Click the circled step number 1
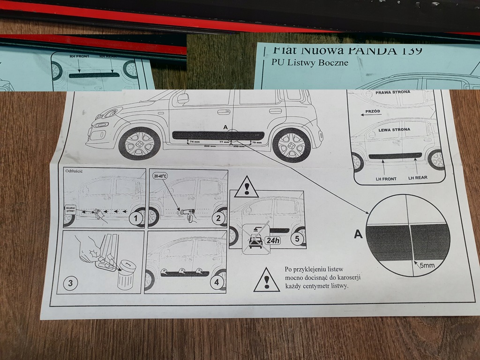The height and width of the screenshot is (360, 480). [x=135, y=218]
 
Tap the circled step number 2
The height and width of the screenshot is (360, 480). [x=217, y=218]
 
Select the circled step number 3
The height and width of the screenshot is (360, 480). [x=70, y=283]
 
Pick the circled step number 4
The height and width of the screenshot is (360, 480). [x=216, y=283]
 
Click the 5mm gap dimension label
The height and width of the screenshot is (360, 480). [x=427, y=266]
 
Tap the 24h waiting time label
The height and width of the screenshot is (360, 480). [x=272, y=240]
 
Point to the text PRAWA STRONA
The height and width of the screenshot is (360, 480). [x=393, y=93]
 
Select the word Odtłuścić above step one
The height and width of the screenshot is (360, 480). [x=75, y=171]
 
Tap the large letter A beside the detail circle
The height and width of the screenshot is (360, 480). [x=358, y=234]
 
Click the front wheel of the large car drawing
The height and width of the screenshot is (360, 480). [x=139, y=144]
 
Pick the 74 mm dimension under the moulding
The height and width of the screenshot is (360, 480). [x=195, y=141]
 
